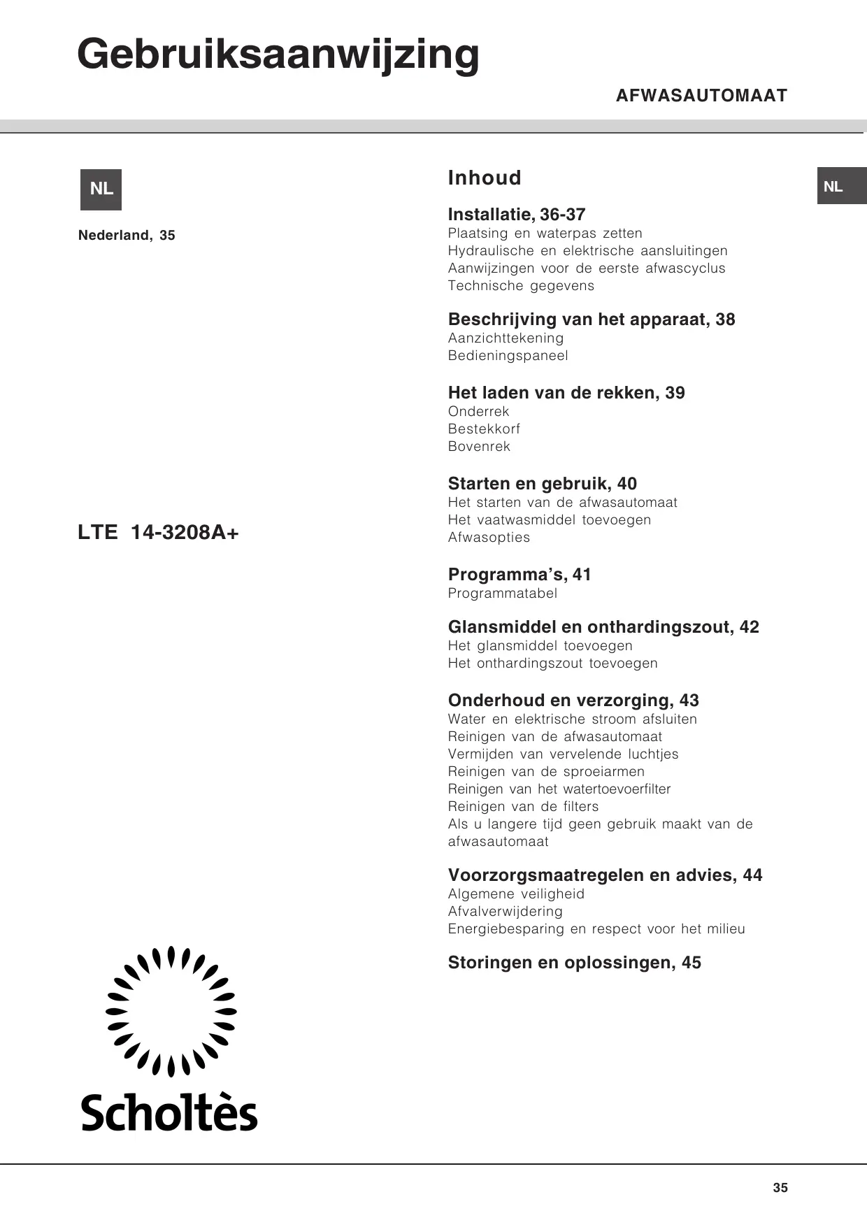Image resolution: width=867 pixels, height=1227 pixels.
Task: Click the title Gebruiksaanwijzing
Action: (x=278, y=55)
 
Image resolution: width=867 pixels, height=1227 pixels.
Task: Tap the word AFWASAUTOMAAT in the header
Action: (x=701, y=96)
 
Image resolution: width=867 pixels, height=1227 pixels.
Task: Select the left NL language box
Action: (x=101, y=189)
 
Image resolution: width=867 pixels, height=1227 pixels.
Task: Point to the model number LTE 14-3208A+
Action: (x=158, y=533)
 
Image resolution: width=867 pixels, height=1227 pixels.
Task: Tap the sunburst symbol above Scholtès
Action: (x=171, y=1011)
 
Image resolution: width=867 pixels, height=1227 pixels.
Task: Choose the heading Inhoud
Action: (x=485, y=178)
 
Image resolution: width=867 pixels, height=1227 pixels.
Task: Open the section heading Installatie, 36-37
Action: (x=516, y=215)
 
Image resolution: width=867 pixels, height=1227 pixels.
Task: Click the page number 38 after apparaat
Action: (x=725, y=320)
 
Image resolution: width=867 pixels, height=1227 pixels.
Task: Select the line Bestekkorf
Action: (x=484, y=429)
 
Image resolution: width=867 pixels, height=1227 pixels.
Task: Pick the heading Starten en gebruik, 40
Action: (x=542, y=484)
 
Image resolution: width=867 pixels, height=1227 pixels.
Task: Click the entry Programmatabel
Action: (x=502, y=594)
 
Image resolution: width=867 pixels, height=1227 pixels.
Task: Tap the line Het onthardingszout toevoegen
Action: (x=552, y=663)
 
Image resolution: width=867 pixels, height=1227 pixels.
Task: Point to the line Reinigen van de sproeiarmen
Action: (x=546, y=772)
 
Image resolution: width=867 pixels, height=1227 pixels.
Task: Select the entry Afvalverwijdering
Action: (x=505, y=912)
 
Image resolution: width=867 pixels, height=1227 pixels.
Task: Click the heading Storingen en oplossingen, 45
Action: (x=574, y=963)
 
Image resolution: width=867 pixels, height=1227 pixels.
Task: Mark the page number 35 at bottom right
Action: (x=780, y=1188)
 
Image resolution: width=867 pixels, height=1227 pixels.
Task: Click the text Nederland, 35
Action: (x=127, y=236)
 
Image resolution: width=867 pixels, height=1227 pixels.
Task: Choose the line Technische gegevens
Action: (x=521, y=286)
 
